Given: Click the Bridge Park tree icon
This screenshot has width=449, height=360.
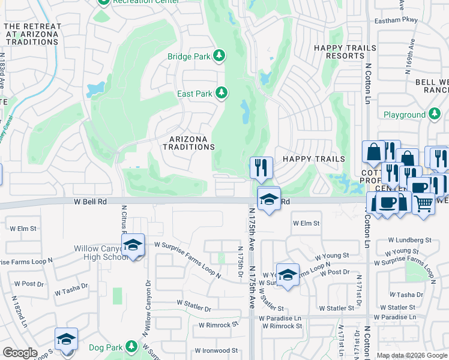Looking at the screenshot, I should click(220, 56).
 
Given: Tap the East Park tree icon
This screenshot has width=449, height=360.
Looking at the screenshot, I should click(222, 93).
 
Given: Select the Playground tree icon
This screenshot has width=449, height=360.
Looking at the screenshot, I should click(435, 114).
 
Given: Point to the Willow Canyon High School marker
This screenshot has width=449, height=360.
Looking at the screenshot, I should click(134, 245).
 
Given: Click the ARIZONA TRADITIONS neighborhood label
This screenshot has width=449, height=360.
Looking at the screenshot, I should click(188, 143).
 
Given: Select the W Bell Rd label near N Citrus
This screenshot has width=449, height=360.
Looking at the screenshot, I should click(90, 202).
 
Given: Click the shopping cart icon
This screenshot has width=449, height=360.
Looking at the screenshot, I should click(424, 204).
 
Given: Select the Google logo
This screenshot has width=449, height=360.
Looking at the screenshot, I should click(20, 353).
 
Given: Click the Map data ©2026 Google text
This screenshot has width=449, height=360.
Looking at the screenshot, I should click(412, 355).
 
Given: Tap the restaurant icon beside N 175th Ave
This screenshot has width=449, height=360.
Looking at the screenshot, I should click(261, 167).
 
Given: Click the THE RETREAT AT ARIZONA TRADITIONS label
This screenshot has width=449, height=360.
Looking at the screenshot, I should click(33, 35).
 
